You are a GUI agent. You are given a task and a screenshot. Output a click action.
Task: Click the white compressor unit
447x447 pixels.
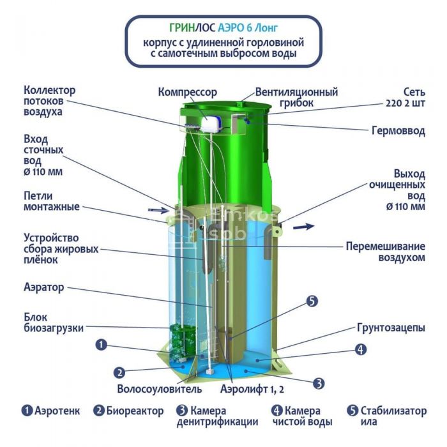(x=213, y=124)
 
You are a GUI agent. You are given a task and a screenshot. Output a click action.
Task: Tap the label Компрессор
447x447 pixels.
(x=188, y=92)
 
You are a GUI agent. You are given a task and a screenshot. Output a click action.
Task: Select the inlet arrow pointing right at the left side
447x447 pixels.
(x=158, y=210)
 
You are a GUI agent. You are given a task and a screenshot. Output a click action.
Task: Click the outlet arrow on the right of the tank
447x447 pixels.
(x=304, y=227)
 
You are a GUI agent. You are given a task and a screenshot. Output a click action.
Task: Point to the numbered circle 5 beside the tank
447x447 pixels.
(x=312, y=301)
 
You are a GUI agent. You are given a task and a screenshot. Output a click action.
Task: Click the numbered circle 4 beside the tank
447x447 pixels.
(x=360, y=349)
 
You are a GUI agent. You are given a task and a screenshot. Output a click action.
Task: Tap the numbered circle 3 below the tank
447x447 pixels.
(x=319, y=383)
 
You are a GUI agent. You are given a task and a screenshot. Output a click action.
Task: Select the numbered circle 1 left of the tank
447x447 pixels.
(x=101, y=345)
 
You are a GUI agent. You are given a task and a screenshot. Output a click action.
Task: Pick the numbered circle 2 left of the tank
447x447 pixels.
(x=119, y=372)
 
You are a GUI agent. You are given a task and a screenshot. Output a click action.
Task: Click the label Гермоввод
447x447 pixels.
(x=398, y=131)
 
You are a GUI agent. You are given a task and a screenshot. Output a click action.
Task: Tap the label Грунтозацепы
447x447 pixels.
(x=391, y=328)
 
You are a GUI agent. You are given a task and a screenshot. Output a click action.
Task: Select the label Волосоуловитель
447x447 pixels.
(x=160, y=389)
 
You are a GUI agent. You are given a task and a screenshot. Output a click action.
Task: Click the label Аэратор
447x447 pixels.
(x=44, y=287)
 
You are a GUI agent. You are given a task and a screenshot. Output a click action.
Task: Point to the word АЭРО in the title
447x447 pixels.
(x=231, y=27)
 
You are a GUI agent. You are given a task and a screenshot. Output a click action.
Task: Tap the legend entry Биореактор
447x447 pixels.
(x=128, y=411)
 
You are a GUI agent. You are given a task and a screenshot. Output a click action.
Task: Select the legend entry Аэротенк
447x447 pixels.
(x=50, y=411)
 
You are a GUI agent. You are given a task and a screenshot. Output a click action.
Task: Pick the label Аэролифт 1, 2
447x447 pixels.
(x=252, y=389)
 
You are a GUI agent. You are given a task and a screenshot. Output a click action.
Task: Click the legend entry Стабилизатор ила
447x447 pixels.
(x=387, y=416)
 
